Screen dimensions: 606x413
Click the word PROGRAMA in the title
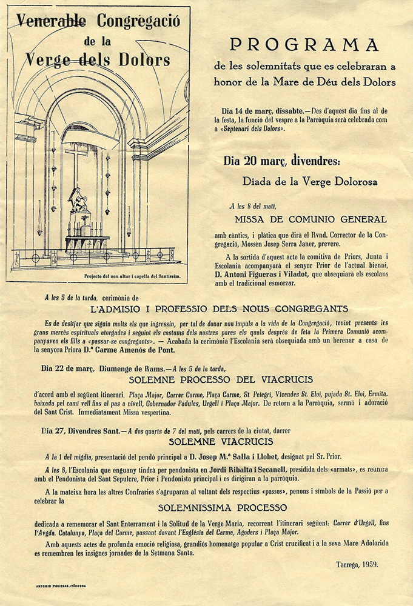pyautogui.click(x=304, y=45)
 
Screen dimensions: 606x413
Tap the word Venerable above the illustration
pyautogui.click(x=52, y=22)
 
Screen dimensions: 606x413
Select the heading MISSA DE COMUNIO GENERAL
pyautogui.click(x=310, y=219)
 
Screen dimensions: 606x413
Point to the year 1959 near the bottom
pyautogui.click(x=368, y=564)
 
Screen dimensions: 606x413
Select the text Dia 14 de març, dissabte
pyautogui.click(x=265, y=111)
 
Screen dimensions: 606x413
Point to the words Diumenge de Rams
pyautogui.click(x=122, y=368)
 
